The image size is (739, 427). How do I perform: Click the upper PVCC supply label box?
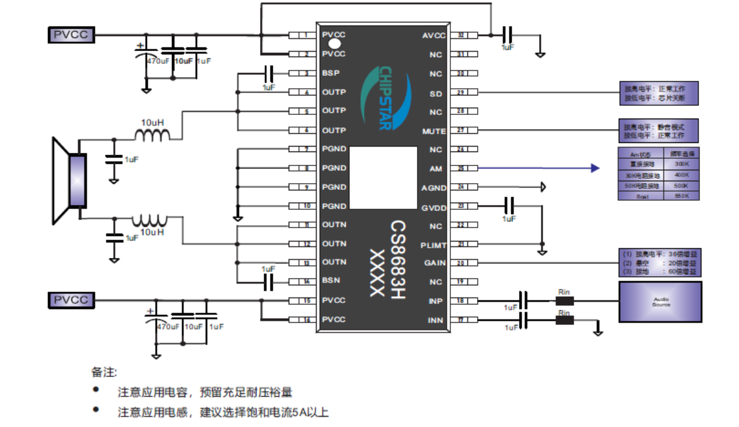point(71,35)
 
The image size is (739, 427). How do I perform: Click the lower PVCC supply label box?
point(71,299)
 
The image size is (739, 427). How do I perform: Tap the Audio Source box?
point(660,302)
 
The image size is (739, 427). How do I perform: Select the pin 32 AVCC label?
point(434,35)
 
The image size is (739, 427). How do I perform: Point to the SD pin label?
point(436,94)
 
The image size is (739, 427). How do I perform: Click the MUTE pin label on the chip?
point(434,131)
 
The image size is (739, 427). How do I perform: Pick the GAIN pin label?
point(435,263)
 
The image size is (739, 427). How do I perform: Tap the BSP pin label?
point(331,74)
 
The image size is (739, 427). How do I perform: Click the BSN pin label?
point(331,282)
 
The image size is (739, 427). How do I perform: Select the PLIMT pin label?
point(433,245)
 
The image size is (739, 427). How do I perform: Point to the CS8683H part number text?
point(397,259)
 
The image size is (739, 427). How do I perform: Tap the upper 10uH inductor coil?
point(151,136)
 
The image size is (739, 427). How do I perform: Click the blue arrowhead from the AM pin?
point(595,168)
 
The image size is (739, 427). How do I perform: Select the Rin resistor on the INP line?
point(565,300)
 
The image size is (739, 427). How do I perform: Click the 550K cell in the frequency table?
point(681,196)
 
